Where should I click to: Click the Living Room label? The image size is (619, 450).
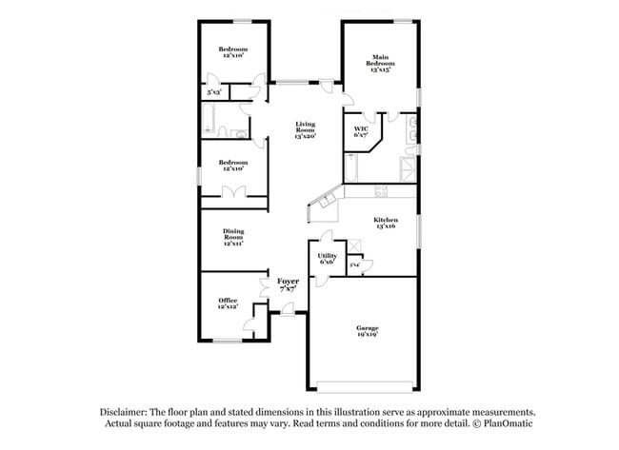pos(305,129)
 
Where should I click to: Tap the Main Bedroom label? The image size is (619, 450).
pos(379,63)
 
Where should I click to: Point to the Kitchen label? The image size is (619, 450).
pos(385,223)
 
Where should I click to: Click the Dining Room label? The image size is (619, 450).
pos(233,238)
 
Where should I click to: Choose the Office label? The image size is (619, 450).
pos(227,303)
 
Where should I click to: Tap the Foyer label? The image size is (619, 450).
pos(288,284)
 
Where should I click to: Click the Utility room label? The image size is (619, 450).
pos(327,259)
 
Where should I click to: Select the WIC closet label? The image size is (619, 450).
pos(361,132)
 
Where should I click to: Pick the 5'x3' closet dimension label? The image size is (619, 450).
pos(215,93)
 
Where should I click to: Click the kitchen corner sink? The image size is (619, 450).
pos(329,201)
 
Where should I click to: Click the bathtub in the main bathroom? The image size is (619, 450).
pos(349,171)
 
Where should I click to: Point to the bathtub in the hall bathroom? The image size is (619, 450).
pos(212,121)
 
